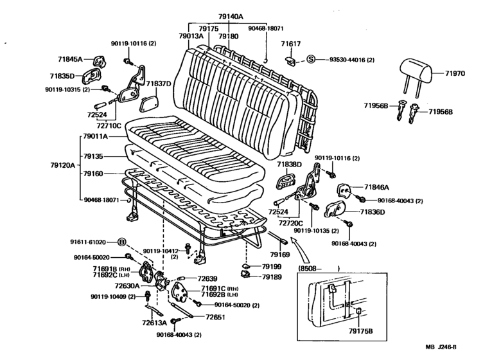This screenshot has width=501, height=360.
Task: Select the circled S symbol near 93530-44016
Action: pos(310,60)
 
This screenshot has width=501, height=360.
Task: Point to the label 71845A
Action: pos(72,59)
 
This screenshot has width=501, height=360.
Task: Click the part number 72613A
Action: pos(154,322)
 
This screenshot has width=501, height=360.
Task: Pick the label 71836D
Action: pos(373,212)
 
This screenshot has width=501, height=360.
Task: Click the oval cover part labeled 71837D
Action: pos(149,104)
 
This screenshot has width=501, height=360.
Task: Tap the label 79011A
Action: pos(95,136)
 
